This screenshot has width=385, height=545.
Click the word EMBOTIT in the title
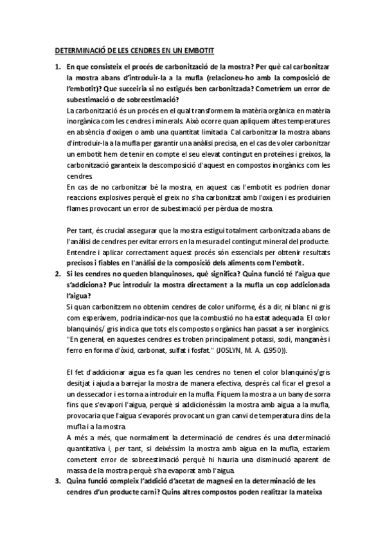[197, 49]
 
